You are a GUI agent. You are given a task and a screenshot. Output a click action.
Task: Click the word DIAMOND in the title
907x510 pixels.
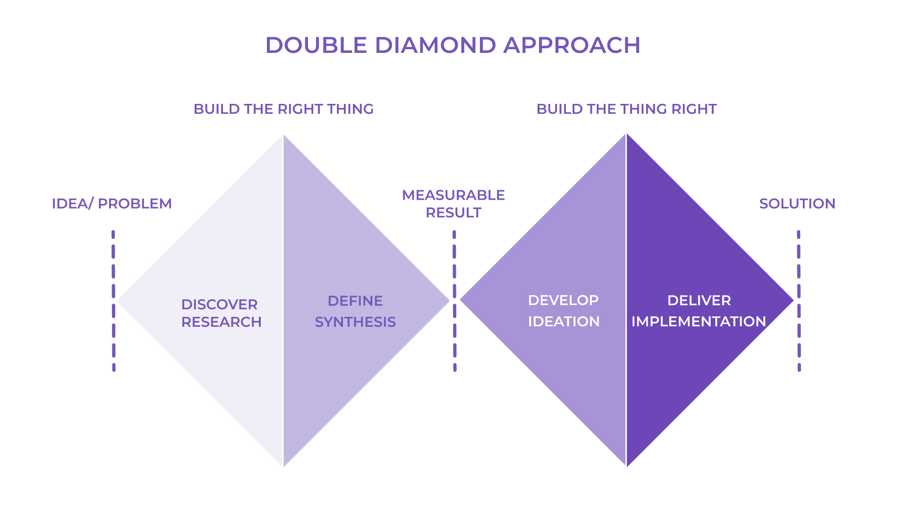tap(435, 45)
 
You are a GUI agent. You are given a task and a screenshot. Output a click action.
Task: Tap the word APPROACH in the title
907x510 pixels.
tap(572, 45)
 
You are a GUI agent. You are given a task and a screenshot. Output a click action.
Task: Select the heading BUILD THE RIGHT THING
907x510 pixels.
tap(283, 109)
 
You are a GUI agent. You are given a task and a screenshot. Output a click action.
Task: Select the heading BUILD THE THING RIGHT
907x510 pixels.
tap(626, 109)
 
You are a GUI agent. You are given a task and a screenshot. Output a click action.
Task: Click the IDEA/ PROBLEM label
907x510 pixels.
tap(111, 204)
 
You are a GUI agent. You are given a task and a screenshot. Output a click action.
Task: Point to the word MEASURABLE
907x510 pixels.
tap(453, 195)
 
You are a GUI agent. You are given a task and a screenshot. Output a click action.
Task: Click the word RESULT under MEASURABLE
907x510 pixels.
tap(453, 212)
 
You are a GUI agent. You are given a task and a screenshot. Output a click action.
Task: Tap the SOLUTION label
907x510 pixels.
tap(797, 204)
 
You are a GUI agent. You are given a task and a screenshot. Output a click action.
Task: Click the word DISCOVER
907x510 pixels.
tap(219, 305)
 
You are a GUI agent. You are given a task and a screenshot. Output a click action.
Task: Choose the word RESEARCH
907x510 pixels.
tap(221, 322)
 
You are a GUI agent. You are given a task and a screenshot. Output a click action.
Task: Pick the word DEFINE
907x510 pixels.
tap(355, 301)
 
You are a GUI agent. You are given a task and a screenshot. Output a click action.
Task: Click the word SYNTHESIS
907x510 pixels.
tap(355, 322)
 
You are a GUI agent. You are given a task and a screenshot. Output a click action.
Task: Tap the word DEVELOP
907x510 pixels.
tap(563, 300)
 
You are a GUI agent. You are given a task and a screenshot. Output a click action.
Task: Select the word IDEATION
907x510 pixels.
tap(564, 322)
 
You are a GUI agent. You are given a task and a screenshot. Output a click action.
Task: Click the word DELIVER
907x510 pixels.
tap(699, 300)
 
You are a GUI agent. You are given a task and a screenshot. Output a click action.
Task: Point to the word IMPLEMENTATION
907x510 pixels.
tap(699, 322)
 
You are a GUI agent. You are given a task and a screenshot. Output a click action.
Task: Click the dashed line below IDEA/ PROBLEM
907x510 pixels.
tap(113, 301)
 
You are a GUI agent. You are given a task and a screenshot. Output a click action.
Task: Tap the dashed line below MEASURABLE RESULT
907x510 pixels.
tap(454, 301)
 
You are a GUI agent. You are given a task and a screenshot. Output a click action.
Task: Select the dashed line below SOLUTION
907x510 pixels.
tap(799, 301)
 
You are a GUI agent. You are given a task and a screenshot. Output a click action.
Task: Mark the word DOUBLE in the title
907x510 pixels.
tap(316, 45)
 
